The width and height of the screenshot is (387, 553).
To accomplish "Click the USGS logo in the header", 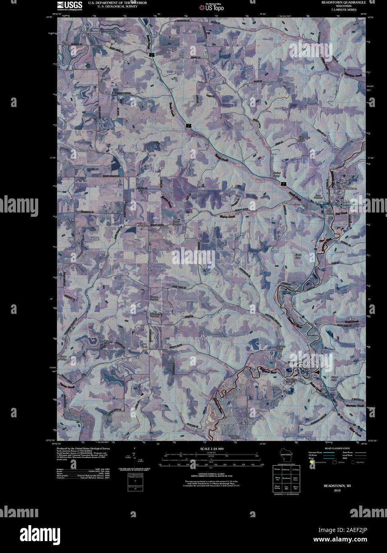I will coord(69,5).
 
